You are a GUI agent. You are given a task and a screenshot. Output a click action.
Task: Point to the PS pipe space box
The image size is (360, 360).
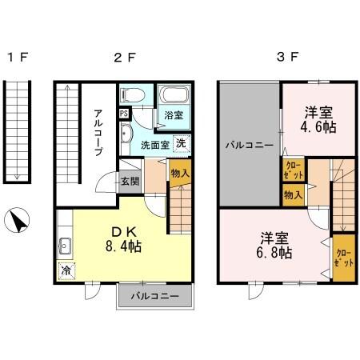coord(123,113)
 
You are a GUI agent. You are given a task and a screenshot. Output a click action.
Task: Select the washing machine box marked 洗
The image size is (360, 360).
coord(182,143)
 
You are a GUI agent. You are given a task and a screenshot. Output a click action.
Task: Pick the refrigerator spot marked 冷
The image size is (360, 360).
coord(66,270)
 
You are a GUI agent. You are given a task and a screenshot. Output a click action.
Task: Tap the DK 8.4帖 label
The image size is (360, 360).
coord(123,238)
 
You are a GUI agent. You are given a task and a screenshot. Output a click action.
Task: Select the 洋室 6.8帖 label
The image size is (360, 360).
coord(274,245)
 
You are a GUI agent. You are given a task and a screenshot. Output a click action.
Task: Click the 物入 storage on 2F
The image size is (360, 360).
coord(179,173)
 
